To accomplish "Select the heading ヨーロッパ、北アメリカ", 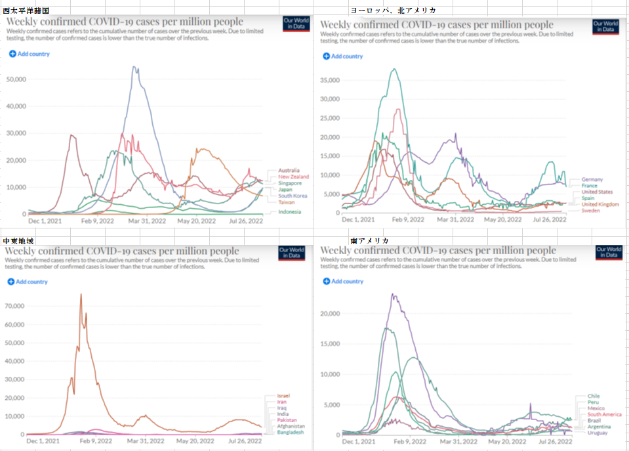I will pos(393,11).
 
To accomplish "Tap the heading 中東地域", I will pos(17,241).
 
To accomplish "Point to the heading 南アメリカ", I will pos(370,241).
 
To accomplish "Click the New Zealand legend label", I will pos(293,177).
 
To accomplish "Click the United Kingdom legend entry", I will pos(600,204).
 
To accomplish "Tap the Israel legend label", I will pos(283,396).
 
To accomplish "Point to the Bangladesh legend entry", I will pos(291,433).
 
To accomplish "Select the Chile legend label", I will pos(593,397).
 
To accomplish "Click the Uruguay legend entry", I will pos(598,433).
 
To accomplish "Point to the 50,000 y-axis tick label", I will pos(16,79).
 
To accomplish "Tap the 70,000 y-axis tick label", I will pos(14,306).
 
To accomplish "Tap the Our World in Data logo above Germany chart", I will pos(606,26).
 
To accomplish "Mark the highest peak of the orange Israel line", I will pos(81,294).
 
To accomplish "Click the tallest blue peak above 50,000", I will pos(134,67).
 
